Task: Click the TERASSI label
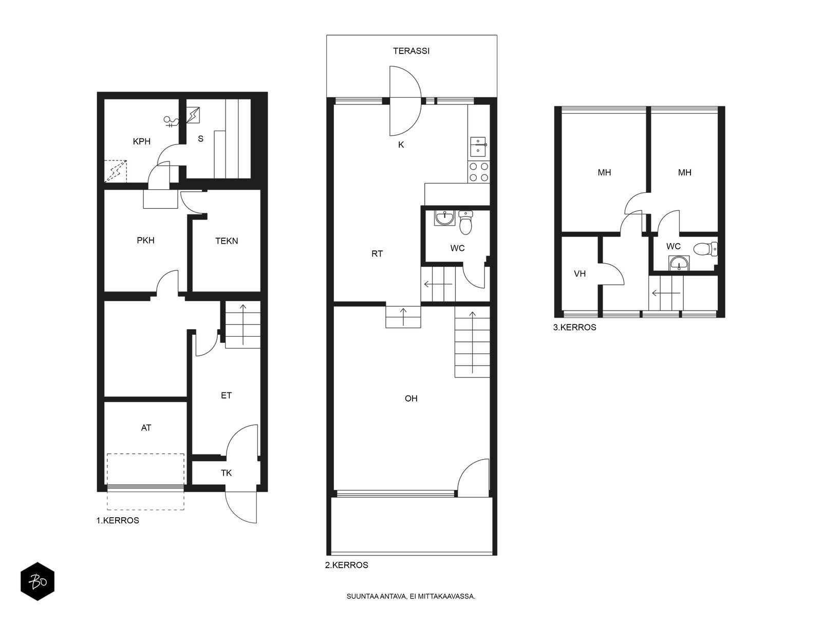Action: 411,51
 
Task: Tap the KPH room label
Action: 142,141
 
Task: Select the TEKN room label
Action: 227,241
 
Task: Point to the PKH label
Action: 146,240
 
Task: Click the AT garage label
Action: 146,428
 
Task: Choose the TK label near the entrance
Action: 226,473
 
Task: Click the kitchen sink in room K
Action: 478,147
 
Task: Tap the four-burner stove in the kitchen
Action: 479,172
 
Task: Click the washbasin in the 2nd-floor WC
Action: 444,217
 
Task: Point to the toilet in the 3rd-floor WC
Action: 705,249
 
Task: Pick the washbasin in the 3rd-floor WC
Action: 679,263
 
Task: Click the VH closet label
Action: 580,274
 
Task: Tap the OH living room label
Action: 411,398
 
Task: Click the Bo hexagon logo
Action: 38,582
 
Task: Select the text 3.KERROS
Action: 574,328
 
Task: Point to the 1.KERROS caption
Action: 118,520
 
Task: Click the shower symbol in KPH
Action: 172,121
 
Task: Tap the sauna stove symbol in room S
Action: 193,115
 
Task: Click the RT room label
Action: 377,253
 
